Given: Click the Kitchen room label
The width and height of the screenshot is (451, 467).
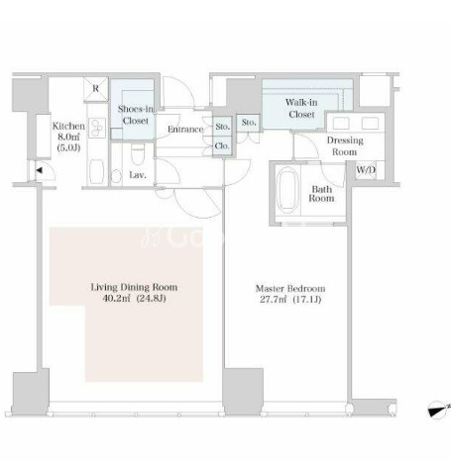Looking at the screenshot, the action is (68, 126).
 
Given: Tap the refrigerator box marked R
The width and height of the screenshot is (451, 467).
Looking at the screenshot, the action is (96, 89).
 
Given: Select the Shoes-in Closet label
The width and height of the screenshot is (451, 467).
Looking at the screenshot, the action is (136, 115).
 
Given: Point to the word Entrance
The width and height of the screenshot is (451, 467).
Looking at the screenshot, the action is (185, 130).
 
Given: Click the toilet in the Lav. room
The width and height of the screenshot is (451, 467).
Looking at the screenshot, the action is (138, 154).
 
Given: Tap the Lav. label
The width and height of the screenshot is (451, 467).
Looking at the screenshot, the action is (138, 175).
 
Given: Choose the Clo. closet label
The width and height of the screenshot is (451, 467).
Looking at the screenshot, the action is (222, 145).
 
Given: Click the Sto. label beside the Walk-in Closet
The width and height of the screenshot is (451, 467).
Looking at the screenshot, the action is (249, 123).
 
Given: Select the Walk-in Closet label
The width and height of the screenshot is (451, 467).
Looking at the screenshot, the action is (301, 108).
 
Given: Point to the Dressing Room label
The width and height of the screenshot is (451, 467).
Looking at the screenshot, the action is (345, 145).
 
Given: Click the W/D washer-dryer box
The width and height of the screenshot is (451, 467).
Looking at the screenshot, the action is (366, 170).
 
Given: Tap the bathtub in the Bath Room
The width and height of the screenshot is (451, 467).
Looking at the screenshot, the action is (287, 189).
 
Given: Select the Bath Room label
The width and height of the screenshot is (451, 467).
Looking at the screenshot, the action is (321, 194).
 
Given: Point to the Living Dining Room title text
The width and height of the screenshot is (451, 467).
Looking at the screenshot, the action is (134, 287).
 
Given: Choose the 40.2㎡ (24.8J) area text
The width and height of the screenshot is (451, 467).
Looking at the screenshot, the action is (134, 299).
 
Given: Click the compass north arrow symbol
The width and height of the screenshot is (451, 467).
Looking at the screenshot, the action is (438, 410).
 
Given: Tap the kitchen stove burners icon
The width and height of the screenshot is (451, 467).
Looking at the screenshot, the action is (97, 128).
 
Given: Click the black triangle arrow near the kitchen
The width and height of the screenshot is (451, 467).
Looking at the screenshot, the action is (39, 170).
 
